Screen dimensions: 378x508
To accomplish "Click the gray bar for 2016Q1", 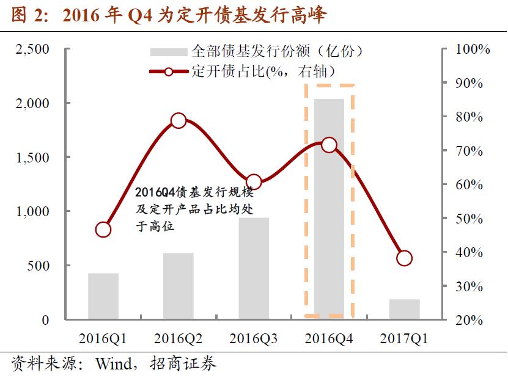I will (103, 296).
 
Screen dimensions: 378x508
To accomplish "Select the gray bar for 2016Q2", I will (179, 286).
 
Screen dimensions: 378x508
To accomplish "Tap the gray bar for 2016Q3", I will (254, 269).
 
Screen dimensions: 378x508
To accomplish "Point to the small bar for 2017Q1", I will (404, 310).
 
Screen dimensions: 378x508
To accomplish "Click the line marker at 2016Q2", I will (179, 120).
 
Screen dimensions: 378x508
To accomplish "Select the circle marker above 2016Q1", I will (103, 230).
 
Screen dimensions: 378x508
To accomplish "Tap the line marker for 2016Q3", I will (254, 182).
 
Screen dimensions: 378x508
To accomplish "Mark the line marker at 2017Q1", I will (404, 258).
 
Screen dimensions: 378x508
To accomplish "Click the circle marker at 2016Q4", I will (329, 145).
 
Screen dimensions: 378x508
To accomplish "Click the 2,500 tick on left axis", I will (32, 49).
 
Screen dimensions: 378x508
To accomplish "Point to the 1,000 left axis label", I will (32, 211).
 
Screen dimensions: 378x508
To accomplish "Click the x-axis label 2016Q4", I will (329, 338).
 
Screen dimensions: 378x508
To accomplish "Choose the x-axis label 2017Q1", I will (404, 338).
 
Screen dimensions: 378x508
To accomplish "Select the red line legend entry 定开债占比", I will (169, 71).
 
